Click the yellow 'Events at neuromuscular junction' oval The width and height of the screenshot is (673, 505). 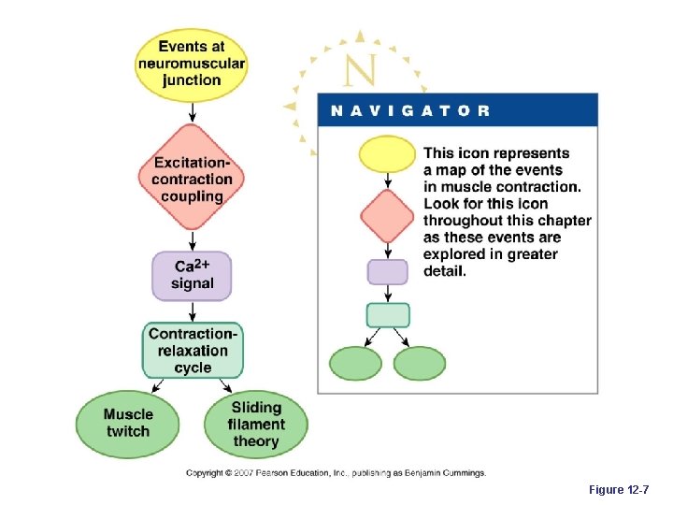tap(191, 64)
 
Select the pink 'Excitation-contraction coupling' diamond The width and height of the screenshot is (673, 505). tap(192, 178)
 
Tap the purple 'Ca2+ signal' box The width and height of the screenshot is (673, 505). tap(192, 275)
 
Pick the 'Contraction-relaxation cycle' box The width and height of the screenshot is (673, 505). tap(193, 350)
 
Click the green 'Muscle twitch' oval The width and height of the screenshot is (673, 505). tap(128, 424)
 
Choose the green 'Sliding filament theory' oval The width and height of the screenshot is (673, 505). tap(255, 424)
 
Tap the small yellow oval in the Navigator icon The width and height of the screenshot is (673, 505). tap(387, 154)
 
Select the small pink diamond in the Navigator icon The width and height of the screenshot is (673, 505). tap(387, 215)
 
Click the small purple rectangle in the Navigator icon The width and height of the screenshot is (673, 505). tap(387, 272)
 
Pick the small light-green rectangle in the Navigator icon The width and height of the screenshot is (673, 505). tap(387, 315)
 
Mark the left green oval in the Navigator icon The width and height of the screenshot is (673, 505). tap(356, 364)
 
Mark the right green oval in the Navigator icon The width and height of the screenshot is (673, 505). tap(420, 364)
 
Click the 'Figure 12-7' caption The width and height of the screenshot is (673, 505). tap(620, 490)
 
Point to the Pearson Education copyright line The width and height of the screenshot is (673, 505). tap(336, 473)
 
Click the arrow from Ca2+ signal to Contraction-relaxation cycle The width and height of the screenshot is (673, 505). tap(192, 312)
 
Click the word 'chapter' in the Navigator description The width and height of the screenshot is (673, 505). tap(560, 221)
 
